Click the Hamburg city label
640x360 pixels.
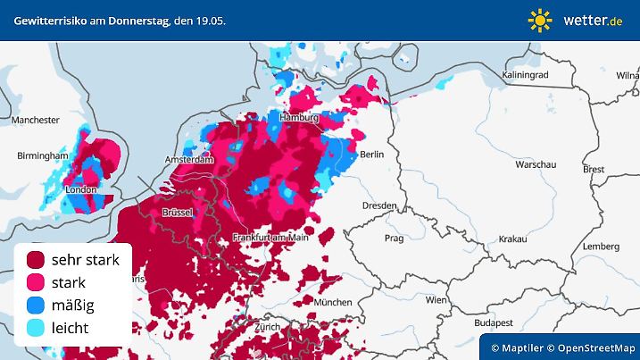pos(299,118)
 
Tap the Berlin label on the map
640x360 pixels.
pos(371,155)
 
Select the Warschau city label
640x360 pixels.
pos(536,165)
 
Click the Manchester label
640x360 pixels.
pos(36,120)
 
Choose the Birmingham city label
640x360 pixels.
pos(42,156)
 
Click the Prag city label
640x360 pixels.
pos(395,239)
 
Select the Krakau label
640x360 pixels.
pos(512,239)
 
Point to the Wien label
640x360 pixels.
pos(436,300)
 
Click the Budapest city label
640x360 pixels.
pos(491,322)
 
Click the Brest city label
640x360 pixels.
pos(594,169)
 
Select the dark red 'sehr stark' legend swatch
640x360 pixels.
pos(36,260)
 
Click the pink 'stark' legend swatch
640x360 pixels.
pos(36,282)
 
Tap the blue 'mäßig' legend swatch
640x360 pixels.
pos(36,306)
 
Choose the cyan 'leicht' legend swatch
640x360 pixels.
pos(36,328)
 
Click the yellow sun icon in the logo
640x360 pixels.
pos(540,20)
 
